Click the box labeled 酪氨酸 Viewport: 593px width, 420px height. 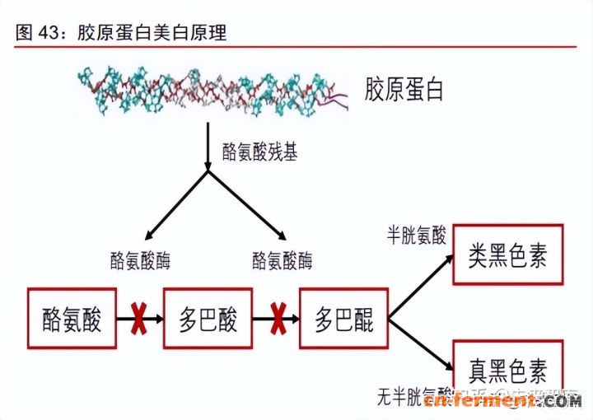[x=72, y=319]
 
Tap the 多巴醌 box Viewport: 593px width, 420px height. [x=343, y=319]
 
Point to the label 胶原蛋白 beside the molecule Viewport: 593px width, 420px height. [x=404, y=89]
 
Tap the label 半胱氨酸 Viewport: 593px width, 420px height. [x=416, y=236]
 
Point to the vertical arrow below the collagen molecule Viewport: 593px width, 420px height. [x=208, y=148]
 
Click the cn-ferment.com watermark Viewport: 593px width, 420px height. [x=504, y=401]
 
